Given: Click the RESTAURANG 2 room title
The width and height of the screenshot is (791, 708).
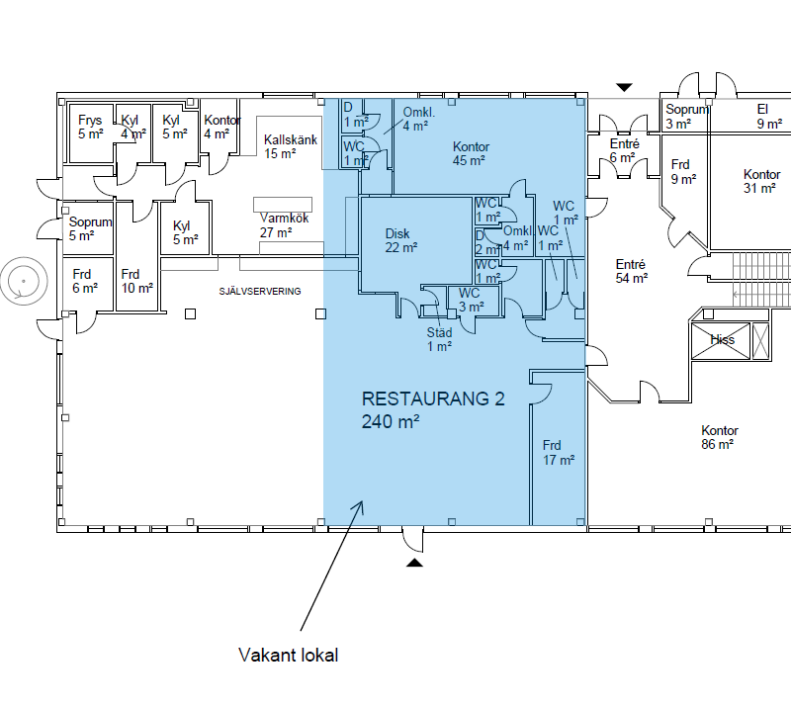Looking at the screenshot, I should [433, 400].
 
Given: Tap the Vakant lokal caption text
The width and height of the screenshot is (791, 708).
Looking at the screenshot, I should [289, 656].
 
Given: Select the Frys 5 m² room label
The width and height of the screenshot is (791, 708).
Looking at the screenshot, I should [90, 127].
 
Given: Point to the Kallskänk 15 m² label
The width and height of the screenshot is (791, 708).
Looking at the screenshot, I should [290, 146].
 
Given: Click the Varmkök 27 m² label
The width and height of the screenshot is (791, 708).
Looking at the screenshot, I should [282, 225].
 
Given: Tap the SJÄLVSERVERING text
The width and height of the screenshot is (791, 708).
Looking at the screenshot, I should [260, 291].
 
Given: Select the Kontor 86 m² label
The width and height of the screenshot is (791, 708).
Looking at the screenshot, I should [719, 437].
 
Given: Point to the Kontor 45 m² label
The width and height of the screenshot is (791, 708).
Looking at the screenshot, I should [471, 153].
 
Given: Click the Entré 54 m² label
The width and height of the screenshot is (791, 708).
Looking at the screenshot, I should [631, 271].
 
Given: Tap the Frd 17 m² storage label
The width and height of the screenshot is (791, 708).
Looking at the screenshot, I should [558, 452].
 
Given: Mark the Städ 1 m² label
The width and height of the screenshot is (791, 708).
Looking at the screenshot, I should [439, 339].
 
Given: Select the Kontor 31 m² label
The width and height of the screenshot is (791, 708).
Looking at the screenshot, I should [761, 182].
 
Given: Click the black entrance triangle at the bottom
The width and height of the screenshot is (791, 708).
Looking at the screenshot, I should [415, 563].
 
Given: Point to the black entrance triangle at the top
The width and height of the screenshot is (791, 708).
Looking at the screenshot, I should [623, 87].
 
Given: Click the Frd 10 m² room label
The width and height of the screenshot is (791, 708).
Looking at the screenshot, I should [136, 281].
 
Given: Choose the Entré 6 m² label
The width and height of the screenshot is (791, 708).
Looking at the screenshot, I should [622, 150].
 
